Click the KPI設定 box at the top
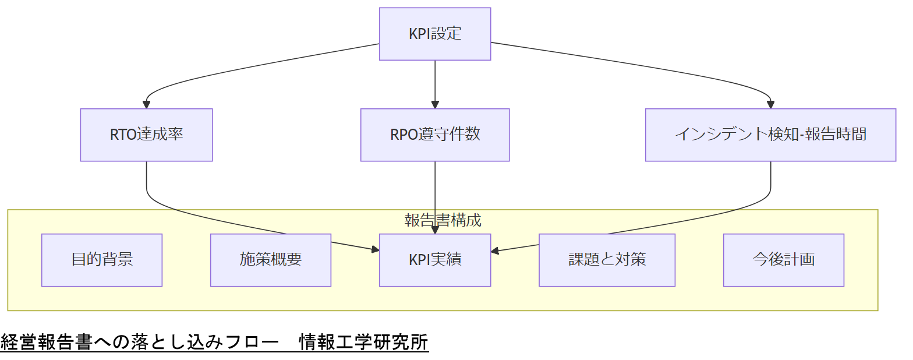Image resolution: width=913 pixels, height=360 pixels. click(x=435, y=34)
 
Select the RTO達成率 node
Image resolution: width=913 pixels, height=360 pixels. click(x=146, y=135)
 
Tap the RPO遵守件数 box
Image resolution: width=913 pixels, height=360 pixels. click(x=435, y=135)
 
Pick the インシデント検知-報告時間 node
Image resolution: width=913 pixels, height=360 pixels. click(x=770, y=135)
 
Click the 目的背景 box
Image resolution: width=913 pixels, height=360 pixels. click(x=102, y=260)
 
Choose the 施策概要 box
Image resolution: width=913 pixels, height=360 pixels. click(x=271, y=260)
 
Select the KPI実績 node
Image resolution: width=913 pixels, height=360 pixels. click(x=435, y=260)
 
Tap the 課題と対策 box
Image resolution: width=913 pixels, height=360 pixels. click(x=607, y=260)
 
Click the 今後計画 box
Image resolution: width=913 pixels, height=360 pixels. click(x=784, y=260)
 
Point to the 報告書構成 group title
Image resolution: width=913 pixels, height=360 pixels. click(x=443, y=220)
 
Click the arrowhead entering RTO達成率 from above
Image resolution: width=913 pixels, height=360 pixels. click(x=146, y=105)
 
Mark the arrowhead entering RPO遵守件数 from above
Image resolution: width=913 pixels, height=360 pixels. click(x=435, y=105)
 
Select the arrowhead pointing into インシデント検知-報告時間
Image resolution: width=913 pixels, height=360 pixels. click(x=770, y=105)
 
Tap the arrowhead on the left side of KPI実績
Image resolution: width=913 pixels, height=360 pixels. click(x=375, y=250)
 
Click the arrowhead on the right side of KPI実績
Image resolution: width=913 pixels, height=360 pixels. click(x=495, y=251)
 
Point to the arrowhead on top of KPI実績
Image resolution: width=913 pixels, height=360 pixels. click(x=435, y=230)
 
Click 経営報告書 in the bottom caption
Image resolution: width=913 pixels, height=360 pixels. click(x=47, y=342)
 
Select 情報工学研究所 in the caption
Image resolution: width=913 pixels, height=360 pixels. click(x=363, y=342)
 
